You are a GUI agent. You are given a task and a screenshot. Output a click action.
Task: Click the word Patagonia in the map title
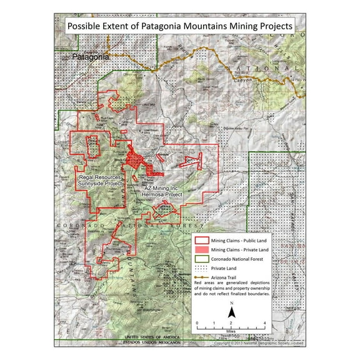pyautogui.click(x=151, y=27)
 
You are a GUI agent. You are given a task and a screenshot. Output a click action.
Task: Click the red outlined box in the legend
pyautogui.click(x=201, y=240)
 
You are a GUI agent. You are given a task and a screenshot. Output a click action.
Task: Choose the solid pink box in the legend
pyautogui.click(x=201, y=250)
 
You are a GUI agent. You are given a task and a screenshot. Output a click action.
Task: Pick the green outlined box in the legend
pyautogui.click(x=201, y=261)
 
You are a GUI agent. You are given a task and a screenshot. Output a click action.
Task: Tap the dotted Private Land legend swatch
pyautogui.click(x=201, y=271)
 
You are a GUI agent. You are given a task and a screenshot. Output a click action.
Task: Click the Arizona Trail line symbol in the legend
pyautogui.click(x=201, y=281)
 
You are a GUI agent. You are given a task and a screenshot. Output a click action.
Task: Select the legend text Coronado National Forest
pyautogui.click(x=239, y=261)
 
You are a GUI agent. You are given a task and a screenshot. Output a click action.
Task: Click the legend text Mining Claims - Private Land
pyautogui.click(x=241, y=250)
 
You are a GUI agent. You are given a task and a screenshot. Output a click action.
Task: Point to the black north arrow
pyautogui.click(x=231, y=313)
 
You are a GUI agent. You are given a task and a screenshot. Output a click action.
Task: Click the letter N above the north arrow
pyautogui.click(x=231, y=304)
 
